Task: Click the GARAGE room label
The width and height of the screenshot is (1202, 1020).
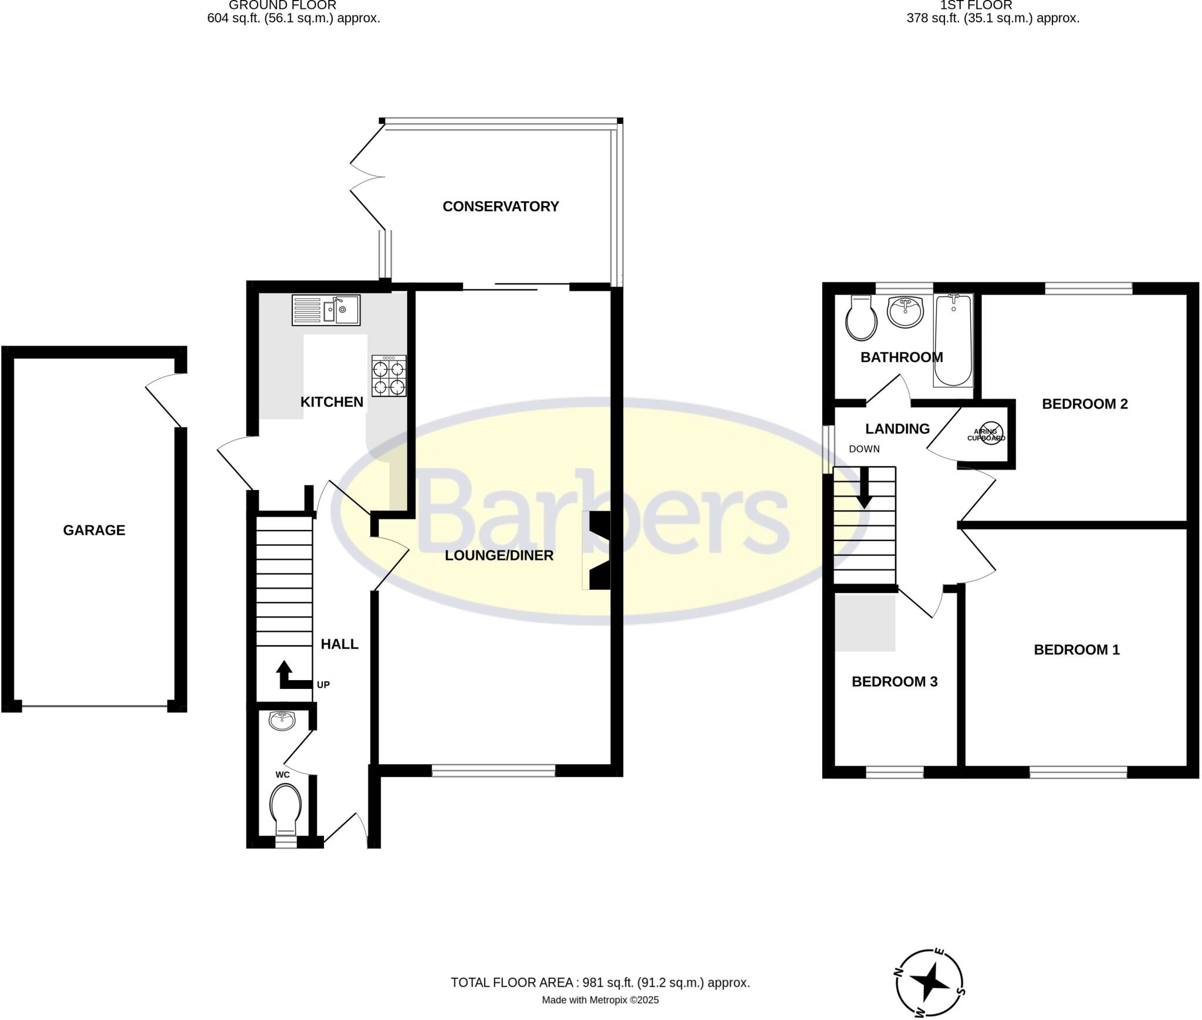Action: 94,531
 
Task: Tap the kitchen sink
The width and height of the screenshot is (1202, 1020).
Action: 326,310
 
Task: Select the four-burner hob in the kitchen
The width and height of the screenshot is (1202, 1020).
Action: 389,376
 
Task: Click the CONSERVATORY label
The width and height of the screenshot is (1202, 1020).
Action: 500,207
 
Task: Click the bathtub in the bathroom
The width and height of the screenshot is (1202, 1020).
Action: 953,340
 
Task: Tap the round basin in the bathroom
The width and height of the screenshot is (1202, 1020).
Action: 906,312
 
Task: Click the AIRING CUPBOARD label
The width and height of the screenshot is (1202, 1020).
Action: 986,435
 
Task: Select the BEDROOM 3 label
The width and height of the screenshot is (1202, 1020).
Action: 894,681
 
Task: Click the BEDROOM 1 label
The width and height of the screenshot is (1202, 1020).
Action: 1076,650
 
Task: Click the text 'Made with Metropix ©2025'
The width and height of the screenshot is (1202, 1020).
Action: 600,1000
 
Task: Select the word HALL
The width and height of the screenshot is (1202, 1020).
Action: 339,644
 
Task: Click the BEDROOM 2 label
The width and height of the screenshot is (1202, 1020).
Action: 1085,404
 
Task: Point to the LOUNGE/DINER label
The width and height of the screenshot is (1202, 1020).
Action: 499,555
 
